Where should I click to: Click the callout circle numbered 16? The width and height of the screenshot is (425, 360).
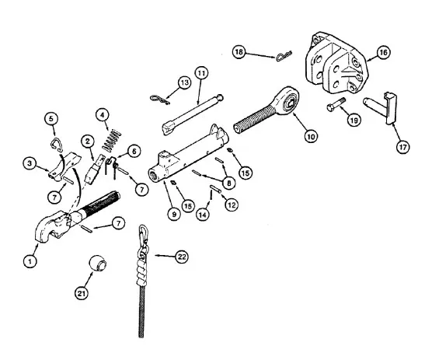[x=383, y=52]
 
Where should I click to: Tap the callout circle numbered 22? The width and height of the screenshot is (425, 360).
[x=181, y=257]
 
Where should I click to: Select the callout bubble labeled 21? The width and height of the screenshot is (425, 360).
[x=82, y=293]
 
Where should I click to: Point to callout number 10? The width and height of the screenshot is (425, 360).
[x=311, y=136]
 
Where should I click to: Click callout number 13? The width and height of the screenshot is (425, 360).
[x=184, y=82]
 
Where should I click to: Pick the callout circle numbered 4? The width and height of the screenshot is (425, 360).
[x=103, y=115]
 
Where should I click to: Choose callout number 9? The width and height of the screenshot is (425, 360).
[x=174, y=214]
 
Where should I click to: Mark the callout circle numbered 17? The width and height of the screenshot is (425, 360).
[x=402, y=147]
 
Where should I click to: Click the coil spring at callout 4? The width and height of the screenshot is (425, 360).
[x=111, y=141]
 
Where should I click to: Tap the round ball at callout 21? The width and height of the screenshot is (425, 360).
[x=98, y=263]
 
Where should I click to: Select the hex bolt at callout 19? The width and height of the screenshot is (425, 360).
[x=336, y=105]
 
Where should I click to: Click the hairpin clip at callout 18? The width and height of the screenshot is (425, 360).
[x=284, y=56]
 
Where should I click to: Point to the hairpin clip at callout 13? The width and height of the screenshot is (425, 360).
[x=160, y=100]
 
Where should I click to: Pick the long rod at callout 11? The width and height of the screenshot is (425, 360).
[x=193, y=114]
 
